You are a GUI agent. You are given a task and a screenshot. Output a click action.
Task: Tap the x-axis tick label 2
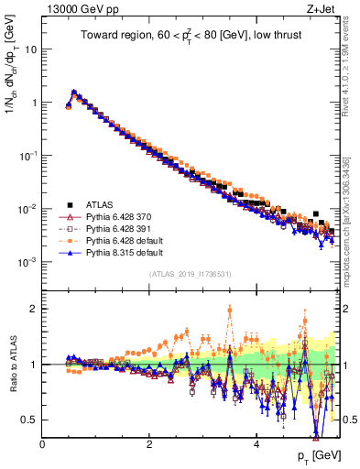coord(149,444)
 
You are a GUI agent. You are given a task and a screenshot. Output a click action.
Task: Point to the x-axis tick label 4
coord(256,444)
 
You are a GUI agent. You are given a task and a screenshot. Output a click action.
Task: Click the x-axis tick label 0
coord(42,444)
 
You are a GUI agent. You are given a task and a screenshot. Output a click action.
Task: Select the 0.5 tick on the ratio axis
coord(29,420)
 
